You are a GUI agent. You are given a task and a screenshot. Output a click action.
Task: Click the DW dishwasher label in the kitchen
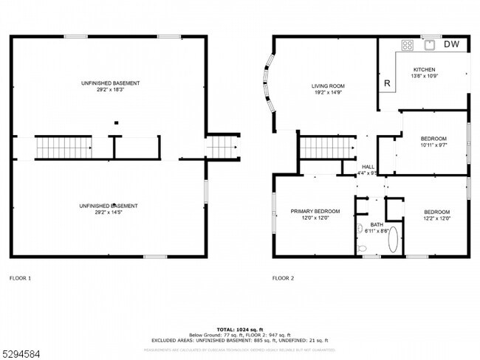click(451, 44)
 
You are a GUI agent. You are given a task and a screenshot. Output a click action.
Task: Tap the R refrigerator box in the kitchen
click(386, 83)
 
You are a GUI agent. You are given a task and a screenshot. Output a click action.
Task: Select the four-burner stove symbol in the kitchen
click(407, 45)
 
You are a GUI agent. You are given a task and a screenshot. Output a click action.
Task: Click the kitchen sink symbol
click(429, 45)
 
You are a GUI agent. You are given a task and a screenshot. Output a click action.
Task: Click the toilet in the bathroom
click(361, 249)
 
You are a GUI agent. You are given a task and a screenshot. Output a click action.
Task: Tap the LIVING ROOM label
click(327, 86)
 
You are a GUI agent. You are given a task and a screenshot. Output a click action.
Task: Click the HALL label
click(368, 167)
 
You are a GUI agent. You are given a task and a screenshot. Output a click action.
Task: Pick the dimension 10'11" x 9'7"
click(433, 145)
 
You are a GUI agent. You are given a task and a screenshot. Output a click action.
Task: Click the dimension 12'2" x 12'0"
click(436, 218)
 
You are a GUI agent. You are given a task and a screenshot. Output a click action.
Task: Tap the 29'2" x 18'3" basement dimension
click(111, 89)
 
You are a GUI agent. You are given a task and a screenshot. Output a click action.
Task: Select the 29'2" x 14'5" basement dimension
click(111, 212)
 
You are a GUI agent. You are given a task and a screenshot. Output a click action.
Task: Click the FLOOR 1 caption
click(20, 278)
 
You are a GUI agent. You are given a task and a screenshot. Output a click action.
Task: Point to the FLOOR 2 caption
click(283, 278)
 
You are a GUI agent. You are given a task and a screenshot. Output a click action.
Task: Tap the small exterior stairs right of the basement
click(222, 147)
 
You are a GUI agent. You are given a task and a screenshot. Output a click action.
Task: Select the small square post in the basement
click(114, 123)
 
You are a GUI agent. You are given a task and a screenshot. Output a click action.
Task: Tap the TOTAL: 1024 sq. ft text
click(239, 328)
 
